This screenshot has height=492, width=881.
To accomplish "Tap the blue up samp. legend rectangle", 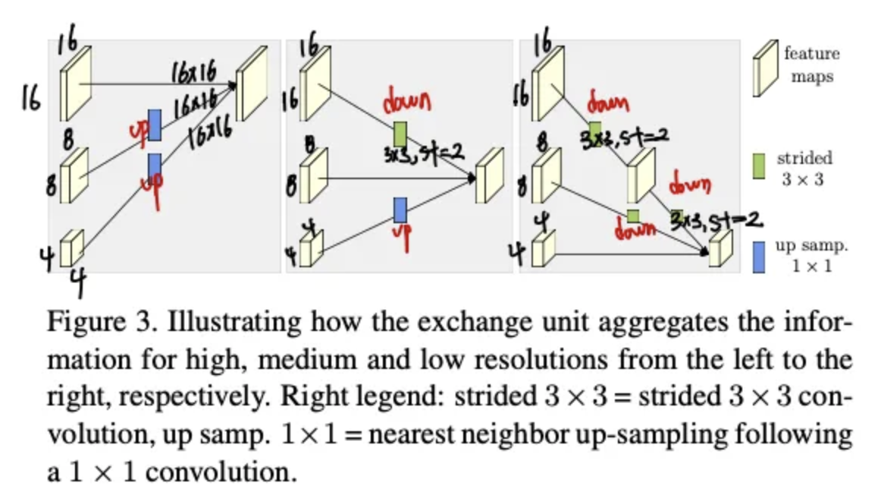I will tap(758, 257).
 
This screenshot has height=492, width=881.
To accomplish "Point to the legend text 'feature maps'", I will tap(812, 65).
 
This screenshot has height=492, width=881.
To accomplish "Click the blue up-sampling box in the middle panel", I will tap(400, 210).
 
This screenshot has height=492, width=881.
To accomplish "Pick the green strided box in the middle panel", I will tap(400, 134).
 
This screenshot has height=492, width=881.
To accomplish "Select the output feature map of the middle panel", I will tap(490, 175).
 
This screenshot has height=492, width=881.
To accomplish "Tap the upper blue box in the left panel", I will tap(155, 125).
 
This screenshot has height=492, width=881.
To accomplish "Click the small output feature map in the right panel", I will tap(720, 248).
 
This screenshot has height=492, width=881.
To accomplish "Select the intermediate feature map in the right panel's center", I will tap(641, 175).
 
